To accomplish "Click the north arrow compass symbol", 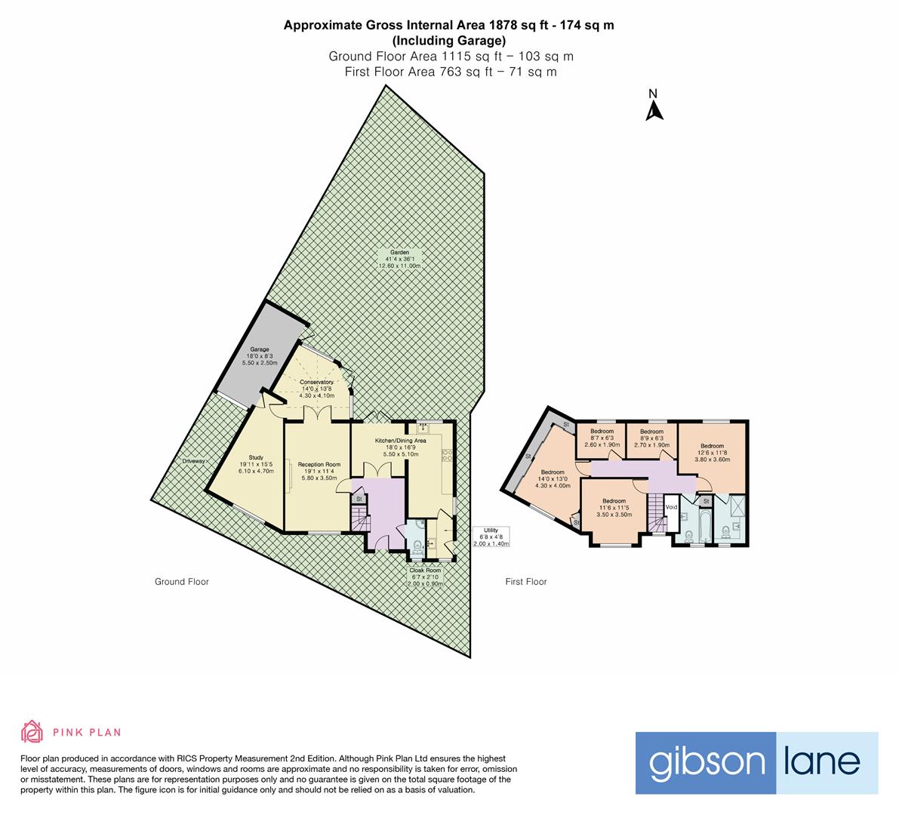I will pos(654,106).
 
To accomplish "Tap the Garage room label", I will pos(260,356).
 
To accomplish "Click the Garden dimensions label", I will pos(400,259).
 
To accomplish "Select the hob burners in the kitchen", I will pos(447,455).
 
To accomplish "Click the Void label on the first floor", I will pos(671,506).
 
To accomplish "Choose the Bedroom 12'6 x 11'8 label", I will pos(712,452).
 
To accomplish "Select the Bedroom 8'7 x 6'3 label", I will pos(602,438).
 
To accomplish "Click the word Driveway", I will pos(192,461).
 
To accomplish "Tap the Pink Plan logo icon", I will pos(32,731).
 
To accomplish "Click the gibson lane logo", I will pos(756,763).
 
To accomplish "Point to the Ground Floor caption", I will pos(182,582).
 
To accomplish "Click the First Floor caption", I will pos(525,582).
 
